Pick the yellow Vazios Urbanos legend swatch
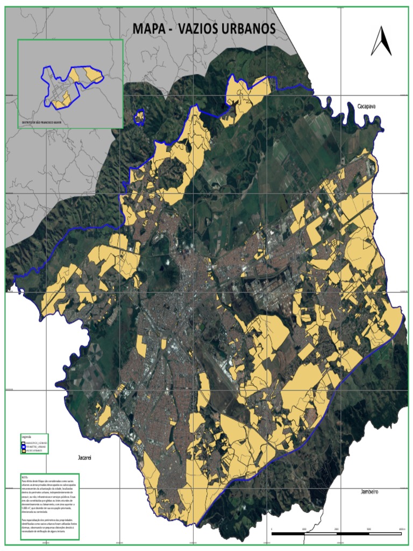point(24,450)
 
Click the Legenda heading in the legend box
point(26,436)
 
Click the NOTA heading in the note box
point(24,477)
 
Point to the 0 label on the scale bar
point(272,529)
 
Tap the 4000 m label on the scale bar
point(401,529)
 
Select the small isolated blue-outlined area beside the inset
point(140,116)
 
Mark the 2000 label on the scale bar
point(337,529)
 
